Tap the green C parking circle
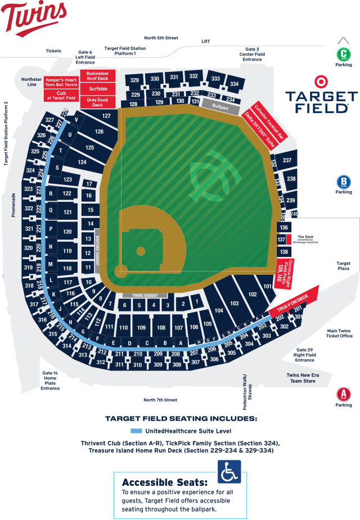point(344,55)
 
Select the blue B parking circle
point(344,182)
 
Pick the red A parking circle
point(344,394)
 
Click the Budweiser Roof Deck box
point(97,76)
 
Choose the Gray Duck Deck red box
point(97,102)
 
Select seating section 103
point(235,304)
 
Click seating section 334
point(235,84)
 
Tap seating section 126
point(99,132)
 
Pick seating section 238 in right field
point(291,179)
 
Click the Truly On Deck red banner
point(292,302)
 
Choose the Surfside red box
point(97,89)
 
